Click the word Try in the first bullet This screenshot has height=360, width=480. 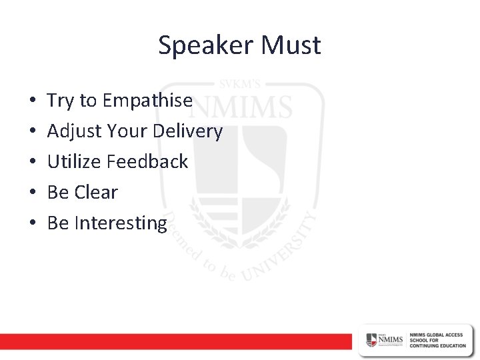60,101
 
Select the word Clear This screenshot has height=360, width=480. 97,192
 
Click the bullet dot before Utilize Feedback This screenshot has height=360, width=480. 33,162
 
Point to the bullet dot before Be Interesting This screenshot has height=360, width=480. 33,223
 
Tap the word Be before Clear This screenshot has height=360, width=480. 58,192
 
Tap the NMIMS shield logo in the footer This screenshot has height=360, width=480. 371,339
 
